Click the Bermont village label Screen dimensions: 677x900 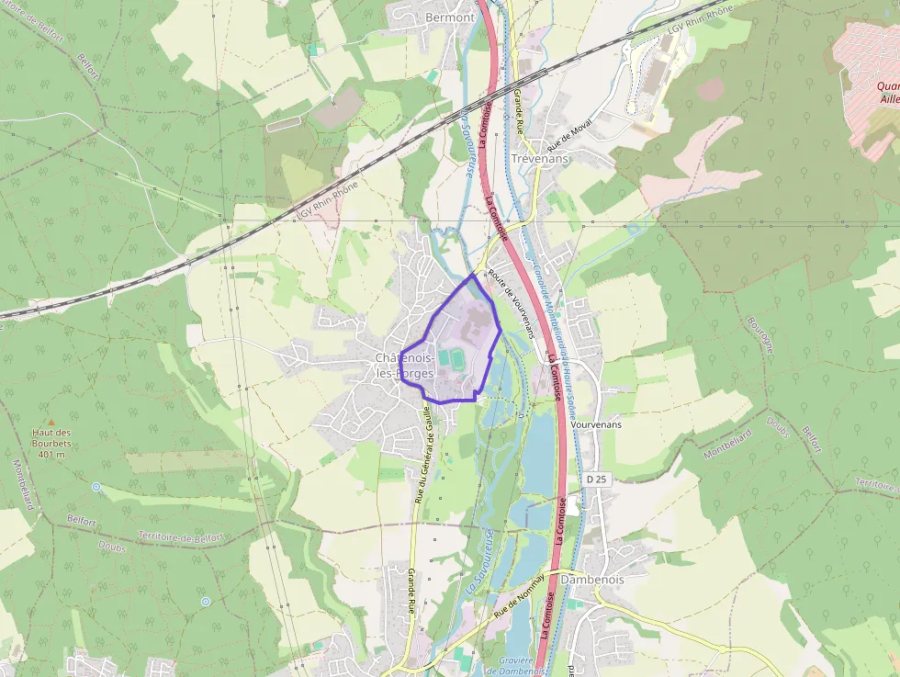[450, 17]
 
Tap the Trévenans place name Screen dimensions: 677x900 [539, 158]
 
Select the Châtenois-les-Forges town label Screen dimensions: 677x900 [405, 366]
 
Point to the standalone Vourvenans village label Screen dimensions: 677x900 [596, 425]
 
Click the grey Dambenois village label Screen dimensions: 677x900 [592, 580]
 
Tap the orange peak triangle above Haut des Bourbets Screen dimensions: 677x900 [51, 420]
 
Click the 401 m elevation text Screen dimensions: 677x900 [51, 454]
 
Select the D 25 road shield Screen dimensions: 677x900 [597, 480]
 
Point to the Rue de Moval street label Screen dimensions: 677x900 [569, 135]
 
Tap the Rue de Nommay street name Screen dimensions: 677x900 [519, 594]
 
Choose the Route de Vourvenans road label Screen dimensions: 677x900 [511, 304]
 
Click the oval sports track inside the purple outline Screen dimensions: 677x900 [447, 355]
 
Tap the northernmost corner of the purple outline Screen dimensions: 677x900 [473, 274]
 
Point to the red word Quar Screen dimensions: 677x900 [881, 85]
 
